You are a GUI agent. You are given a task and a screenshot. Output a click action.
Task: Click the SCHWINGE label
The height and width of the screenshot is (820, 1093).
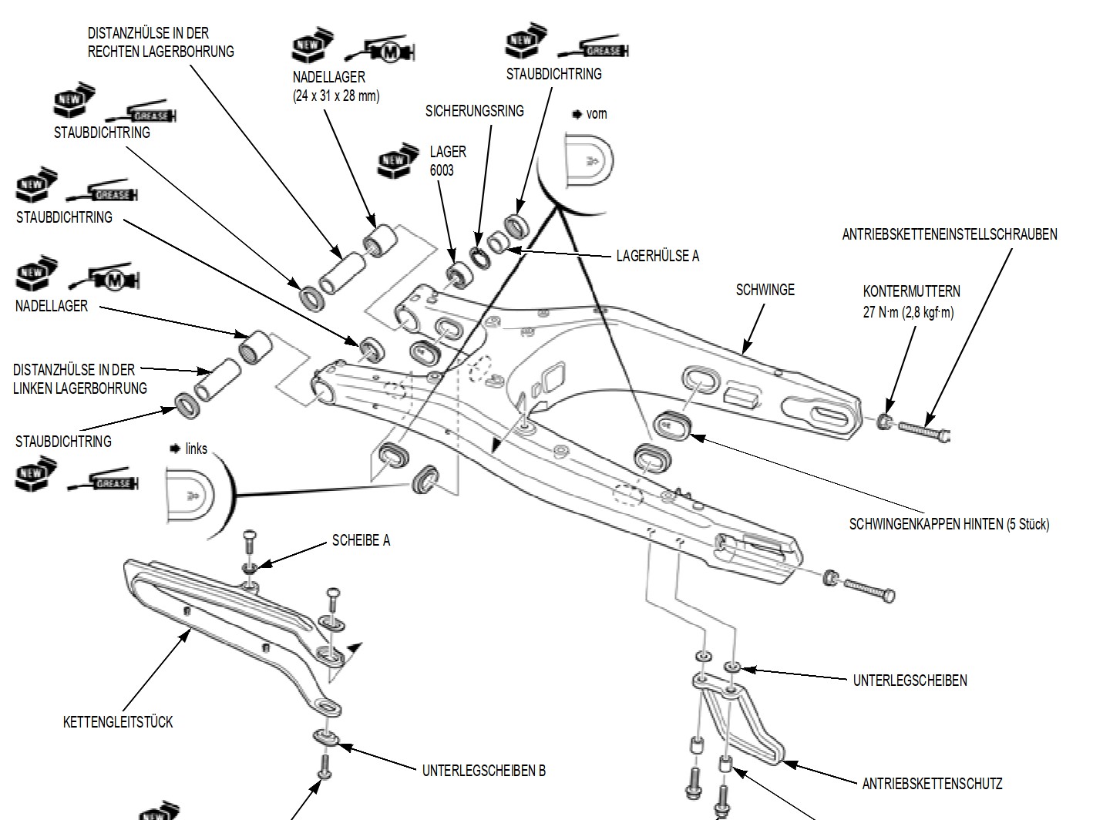click(x=765, y=290)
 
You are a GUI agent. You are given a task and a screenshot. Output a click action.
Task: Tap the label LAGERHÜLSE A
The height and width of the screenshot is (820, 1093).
click(x=657, y=256)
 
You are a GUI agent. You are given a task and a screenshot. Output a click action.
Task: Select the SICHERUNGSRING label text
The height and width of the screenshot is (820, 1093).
click(x=474, y=111)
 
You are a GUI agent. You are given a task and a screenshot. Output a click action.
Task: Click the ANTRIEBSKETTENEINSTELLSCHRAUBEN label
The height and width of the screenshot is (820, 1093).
click(x=949, y=234)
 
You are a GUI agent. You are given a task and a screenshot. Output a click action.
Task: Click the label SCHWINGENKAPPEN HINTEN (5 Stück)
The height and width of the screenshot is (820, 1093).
click(x=949, y=524)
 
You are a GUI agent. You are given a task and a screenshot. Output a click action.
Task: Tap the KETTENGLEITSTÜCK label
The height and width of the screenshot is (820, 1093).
click(x=117, y=722)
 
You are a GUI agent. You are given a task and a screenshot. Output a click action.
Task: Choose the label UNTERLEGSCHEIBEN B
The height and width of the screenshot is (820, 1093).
click(x=483, y=770)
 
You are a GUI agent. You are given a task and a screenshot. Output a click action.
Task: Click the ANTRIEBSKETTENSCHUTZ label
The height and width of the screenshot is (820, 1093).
click(x=932, y=784)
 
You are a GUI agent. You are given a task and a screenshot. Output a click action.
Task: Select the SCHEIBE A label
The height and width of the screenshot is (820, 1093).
click(x=361, y=540)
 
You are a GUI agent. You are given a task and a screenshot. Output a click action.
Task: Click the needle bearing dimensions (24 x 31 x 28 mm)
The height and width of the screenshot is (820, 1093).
click(x=336, y=96)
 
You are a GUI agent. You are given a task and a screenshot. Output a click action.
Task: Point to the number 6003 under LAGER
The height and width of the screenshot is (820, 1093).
click(x=442, y=170)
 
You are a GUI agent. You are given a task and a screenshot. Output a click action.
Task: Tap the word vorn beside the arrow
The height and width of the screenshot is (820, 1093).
click(x=597, y=114)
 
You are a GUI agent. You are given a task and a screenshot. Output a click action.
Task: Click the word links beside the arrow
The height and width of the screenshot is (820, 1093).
click(x=196, y=449)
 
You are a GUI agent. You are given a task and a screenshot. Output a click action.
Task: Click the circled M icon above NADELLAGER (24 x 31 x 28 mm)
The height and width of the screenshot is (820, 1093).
click(x=391, y=52)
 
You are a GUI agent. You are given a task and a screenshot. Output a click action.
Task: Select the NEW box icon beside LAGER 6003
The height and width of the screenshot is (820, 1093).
click(x=394, y=160)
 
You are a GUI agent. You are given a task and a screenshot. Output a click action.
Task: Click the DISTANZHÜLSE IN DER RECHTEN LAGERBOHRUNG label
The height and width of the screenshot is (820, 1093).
click(x=160, y=42)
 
